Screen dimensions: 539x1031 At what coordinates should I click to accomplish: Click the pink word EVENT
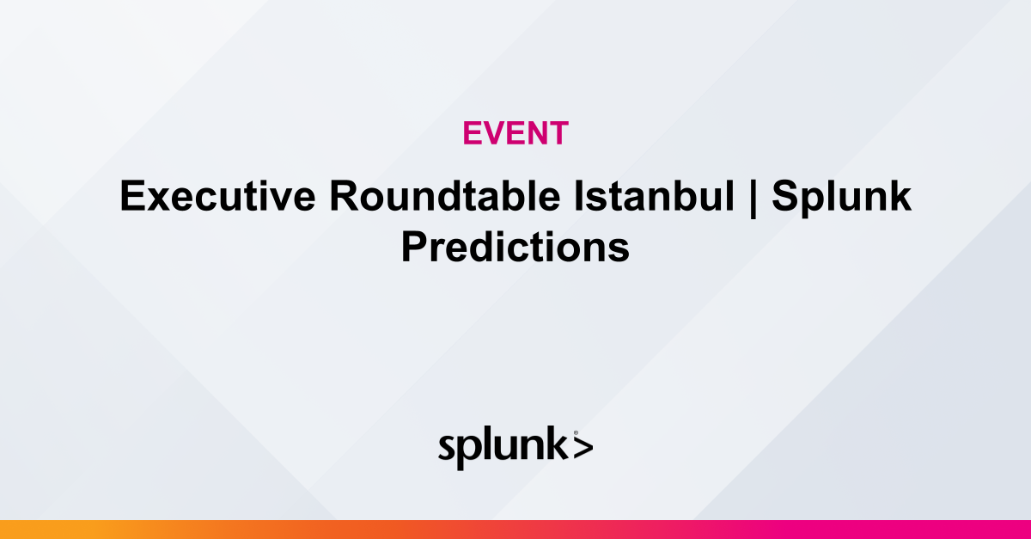coord(515,133)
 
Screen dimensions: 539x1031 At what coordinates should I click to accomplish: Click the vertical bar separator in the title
coord(753,199)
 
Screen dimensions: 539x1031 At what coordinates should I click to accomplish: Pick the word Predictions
coord(515,248)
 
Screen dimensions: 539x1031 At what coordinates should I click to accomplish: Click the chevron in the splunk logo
coord(582,448)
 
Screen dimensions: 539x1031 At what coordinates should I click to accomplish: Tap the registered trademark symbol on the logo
coord(575,432)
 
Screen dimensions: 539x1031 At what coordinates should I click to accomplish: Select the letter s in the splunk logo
coord(448,449)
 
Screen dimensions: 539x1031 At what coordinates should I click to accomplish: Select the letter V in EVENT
coord(491,133)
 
